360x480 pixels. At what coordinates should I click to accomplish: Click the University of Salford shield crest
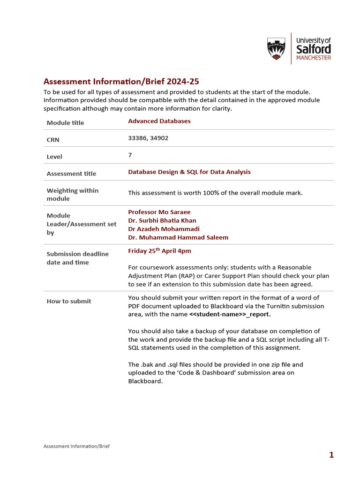276,49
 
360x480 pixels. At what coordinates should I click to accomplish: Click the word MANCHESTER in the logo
314,58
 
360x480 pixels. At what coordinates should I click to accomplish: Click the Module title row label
65,123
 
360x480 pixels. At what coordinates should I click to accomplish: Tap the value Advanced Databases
159,121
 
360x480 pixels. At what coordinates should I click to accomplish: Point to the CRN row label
53,140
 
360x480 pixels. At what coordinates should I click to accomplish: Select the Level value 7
130,155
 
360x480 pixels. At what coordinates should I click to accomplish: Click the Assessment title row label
71,173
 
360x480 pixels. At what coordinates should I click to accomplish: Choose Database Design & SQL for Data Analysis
189,172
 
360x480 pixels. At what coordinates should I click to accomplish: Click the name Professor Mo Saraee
159,212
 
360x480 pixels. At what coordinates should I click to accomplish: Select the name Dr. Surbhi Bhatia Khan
162,220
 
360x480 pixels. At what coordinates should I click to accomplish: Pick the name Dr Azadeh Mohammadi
164,229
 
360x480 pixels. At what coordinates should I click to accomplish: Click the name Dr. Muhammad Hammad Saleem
178,237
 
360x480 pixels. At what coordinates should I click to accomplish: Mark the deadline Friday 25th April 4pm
159,251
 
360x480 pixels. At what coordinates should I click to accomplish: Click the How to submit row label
69,301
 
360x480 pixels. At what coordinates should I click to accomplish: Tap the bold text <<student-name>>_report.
230,315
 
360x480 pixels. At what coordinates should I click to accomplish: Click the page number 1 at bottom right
331,455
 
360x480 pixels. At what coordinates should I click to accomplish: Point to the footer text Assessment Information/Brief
76,446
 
